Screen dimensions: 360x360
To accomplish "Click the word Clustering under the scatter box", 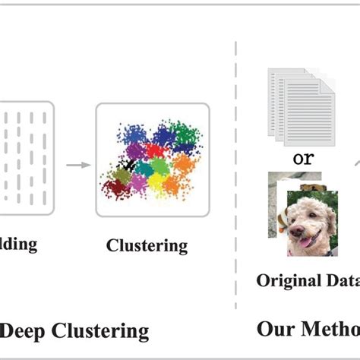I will click(147, 245).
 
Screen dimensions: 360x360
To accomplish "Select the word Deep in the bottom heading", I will click(22, 331).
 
